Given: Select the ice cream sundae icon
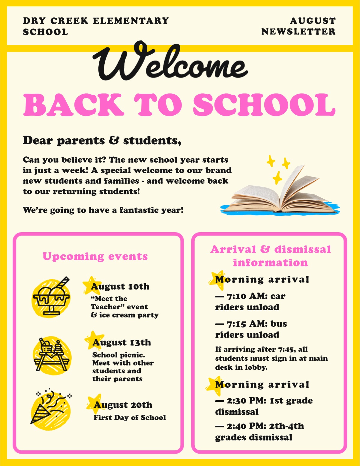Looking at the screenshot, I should tap(51, 297).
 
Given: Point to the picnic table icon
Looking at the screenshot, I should tap(52, 355).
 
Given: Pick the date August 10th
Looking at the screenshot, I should tap(120, 287).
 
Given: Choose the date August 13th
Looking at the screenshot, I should tap(121, 343).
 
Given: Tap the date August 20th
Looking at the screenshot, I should tap(123, 405).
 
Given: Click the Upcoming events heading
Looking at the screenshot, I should tap(95, 256).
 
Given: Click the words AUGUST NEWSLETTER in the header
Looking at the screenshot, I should tap(298, 26).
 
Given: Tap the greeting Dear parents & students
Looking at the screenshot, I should tap(102, 140).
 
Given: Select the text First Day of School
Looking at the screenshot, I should tap(130, 418).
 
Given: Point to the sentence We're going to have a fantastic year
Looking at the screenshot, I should tap(103, 210).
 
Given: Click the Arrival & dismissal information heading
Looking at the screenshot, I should tap(271, 256).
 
